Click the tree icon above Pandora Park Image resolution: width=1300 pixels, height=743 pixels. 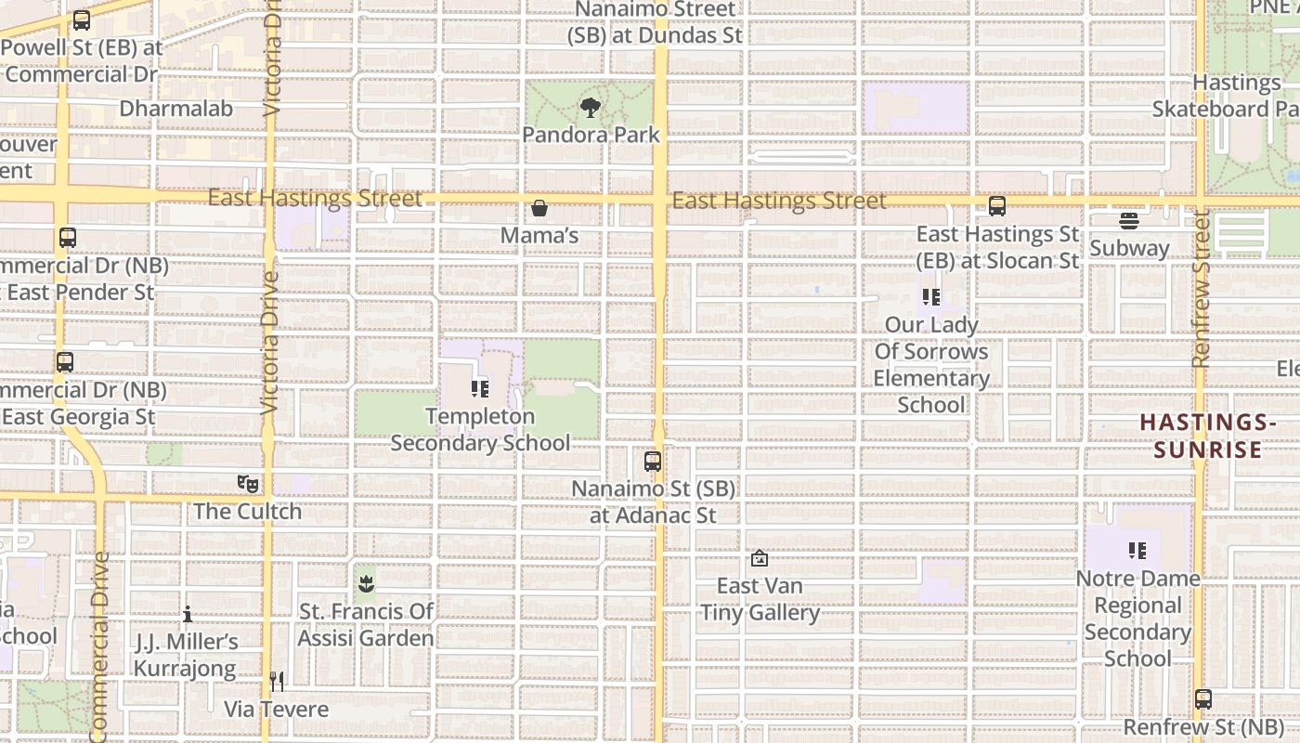tap(590, 108)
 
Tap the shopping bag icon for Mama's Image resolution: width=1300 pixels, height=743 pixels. tap(539, 208)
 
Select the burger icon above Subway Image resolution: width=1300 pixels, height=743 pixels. tap(1129, 221)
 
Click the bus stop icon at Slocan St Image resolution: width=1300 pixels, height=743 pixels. tap(997, 206)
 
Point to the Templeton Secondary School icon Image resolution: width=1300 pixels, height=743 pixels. tap(480, 389)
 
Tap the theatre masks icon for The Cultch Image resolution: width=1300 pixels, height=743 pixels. tap(247, 484)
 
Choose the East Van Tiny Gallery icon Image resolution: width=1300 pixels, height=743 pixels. tap(760, 559)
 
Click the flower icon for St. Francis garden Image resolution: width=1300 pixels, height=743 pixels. tap(366, 585)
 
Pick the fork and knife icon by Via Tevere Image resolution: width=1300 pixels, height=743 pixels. tap(277, 683)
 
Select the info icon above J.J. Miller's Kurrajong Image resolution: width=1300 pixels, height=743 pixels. tap(188, 614)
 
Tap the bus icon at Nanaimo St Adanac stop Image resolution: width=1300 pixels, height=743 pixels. tap(653, 461)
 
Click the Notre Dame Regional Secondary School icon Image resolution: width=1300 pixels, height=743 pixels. tap(1137, 551)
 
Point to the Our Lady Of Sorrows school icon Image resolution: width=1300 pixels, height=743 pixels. tap(931, 297)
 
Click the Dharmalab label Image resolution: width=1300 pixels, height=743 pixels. tap(176, 108)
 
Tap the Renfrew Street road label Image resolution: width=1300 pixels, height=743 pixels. tap(1201, 288)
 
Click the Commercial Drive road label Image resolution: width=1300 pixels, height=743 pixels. tap(100, 645)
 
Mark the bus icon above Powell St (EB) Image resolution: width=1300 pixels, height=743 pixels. tap(82, 20)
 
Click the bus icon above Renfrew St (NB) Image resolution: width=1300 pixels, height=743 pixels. tap(1203, 699)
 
